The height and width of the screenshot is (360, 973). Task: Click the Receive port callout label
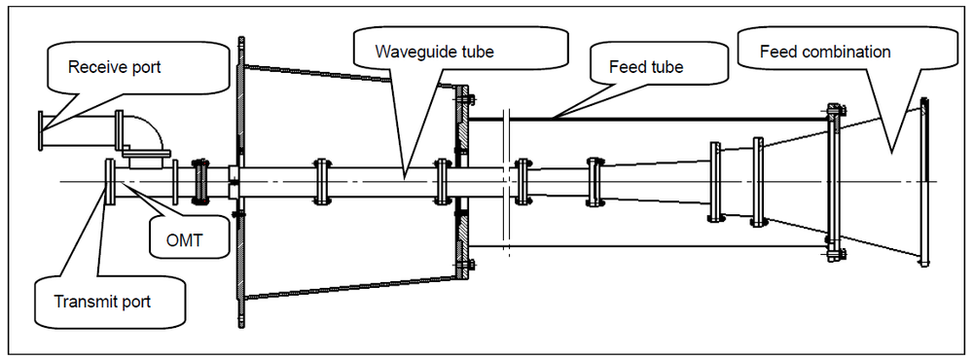pyautogui.click(x=114, y=67)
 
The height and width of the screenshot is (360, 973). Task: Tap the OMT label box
pyautogui.click(x=184, y=240)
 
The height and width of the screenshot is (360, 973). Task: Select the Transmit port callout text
pyautogui.click(x=102, y=303)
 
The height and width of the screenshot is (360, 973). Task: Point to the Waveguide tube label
pyautogui.click(x=434, y=51)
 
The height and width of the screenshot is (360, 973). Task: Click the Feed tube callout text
pyautogui.click(x=647, y=66)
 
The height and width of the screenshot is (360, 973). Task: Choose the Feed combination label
pyautogui.click(x=825, y=52)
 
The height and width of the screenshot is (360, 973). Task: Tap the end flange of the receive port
pyautogui.click(x=42, y=130)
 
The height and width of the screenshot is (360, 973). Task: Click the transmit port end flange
pyautogui.click(x=111, y=181)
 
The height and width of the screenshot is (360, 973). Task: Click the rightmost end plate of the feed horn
pyautogui.click(x=924, y=182)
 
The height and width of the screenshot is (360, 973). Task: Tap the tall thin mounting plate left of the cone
pyautogui.click(x=240, y=181)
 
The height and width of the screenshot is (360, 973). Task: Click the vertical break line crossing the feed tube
pyautogui.click(x=508, y=183)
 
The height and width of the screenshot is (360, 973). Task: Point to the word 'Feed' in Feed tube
pyautogui.click(x=626, y=66)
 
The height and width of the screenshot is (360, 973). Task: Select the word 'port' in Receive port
pyautogui.click(x=145, y=68)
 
